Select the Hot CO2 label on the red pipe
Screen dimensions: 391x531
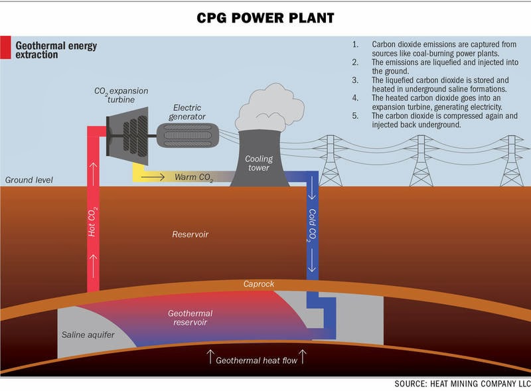coord(94,222)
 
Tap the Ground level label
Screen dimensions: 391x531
coord(29,181)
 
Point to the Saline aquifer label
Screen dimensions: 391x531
coord(88,335)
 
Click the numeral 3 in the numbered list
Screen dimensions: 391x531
coord(355,80)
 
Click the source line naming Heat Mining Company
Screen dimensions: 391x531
coord(458,384)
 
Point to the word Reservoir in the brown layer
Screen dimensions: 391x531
coord(191,234)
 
